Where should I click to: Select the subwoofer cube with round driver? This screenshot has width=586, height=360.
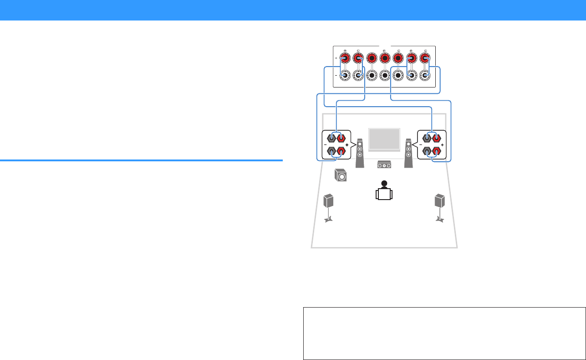coord(340,175)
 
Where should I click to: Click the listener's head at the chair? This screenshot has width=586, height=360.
coord(384,184)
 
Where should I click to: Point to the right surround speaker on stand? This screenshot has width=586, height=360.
coord(439,201)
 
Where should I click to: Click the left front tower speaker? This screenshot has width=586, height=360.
coord(360,152)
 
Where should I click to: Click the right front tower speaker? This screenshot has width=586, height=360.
coord(409,152)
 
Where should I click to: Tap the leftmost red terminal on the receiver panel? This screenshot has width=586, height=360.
coord(345,58)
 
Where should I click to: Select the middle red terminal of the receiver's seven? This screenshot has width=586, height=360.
coord(385,58)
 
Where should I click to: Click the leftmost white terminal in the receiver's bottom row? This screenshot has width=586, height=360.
coord(345,76)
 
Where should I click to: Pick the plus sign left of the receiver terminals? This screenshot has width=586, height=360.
coord(336,58)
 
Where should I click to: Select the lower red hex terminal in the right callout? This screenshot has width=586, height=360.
coord(437,151)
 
